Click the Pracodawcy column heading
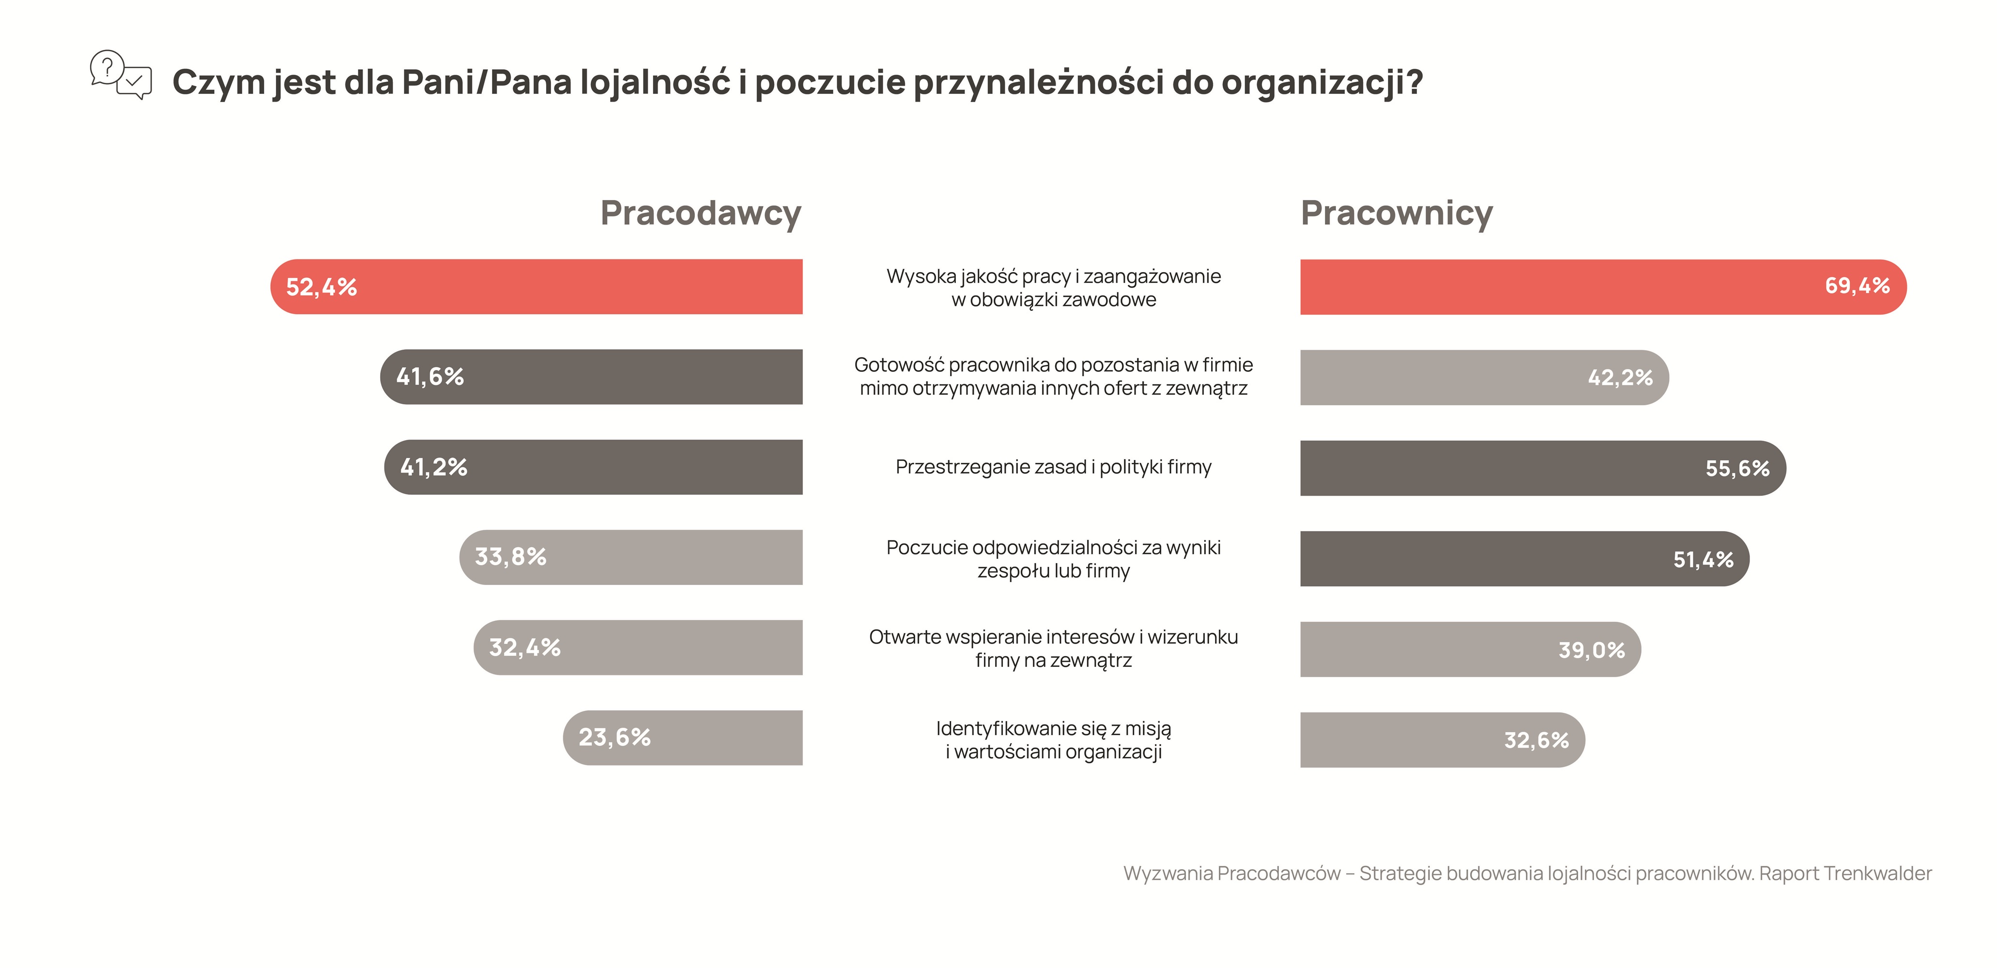tap(700, 213)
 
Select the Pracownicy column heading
tap(1396, 213)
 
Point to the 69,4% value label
tap(1857, 286)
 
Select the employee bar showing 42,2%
tap(1483, 377)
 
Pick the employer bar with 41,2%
tap(594, 467)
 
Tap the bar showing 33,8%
tap(631, 557)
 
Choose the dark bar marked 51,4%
tap(1524, 559)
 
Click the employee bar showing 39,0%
tap(1470, 649)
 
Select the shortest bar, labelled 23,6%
tap(683, 738)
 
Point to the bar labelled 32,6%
tap(1442, 740)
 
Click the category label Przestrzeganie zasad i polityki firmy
tap(1053, 467)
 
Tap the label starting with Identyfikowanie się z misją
tap(1053, 740)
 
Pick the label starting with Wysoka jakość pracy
tap(1053, 288)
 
